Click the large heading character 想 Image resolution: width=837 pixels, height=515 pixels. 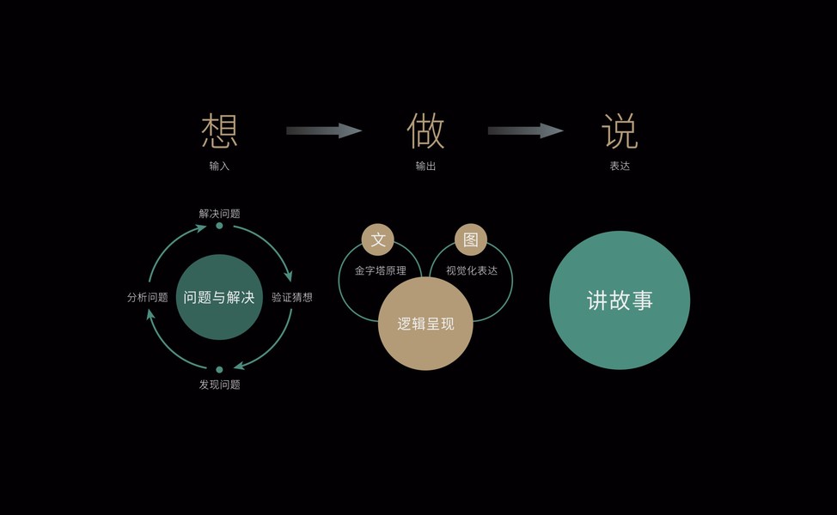(219, 130)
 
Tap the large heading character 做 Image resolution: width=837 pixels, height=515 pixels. (425, 130)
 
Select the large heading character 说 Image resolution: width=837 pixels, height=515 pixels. (620, 130)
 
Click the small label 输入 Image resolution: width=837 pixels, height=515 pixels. (219, 166)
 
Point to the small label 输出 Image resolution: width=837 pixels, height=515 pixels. (425, 166)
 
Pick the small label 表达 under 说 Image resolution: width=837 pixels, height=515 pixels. (620, 166)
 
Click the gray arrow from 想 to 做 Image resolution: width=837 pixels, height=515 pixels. (323, 130)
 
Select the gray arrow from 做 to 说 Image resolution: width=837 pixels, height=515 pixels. (525, 130)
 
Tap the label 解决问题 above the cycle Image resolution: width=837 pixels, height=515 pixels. (219, 213)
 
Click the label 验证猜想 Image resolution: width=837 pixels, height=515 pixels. (292, 297)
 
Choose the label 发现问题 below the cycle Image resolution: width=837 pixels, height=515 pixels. (219, 385)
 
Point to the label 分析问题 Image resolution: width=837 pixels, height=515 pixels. (147, 297)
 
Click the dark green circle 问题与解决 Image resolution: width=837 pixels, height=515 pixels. (219, 297)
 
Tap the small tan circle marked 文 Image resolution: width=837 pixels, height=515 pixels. (378, 239)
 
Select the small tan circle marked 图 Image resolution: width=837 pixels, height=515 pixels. (471, 239)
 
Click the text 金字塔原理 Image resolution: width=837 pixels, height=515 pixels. (380, 270)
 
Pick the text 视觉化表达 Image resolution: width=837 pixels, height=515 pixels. (472, 270)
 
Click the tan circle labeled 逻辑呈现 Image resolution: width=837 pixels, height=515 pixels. (425, 324)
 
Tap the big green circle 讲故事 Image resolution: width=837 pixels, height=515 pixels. (620, 300)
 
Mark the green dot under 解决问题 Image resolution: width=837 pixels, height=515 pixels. (219, 226)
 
